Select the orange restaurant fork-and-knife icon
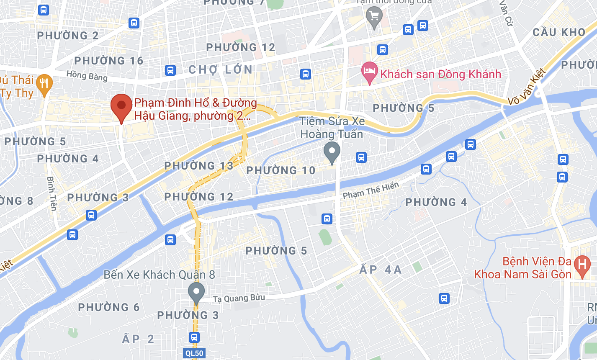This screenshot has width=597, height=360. pos(44,83)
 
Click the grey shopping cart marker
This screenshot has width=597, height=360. pos(374,17)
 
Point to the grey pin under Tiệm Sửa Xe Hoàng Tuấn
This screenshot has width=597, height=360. pos(332,152)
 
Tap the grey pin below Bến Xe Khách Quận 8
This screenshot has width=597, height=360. pos(196,292)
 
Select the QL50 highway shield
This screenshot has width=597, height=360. pos(194,353)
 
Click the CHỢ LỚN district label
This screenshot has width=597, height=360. pos(221,69)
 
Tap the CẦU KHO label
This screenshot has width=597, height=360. pos(558,33)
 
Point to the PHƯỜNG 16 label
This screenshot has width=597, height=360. pos(109,61)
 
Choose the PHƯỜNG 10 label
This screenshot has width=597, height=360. pos(280,170)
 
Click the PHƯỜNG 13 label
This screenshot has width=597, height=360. pos(199,166)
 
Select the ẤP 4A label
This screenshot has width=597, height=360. pos(381,270)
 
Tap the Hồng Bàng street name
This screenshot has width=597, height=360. pos(87,76)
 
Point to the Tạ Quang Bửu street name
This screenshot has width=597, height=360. pos(239,298)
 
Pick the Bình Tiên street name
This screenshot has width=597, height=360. pos(51,193)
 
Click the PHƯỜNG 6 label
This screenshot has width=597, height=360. pos(109,307)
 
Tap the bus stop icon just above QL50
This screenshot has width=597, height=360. pos(194,337)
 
